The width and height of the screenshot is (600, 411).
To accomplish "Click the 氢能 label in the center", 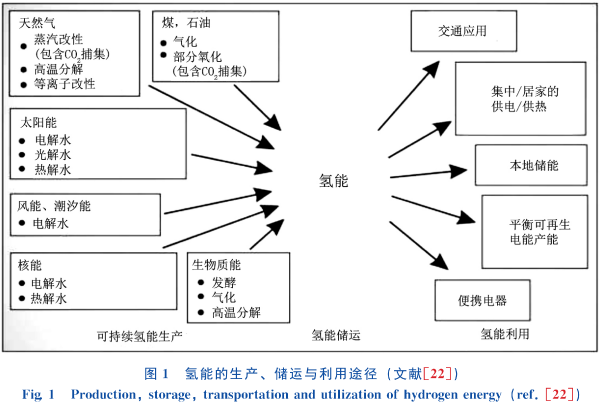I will tap(334, 181).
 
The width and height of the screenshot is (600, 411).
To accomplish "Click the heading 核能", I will tap(29, 265).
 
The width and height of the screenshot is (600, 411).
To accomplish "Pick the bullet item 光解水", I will tap(53, 155).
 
